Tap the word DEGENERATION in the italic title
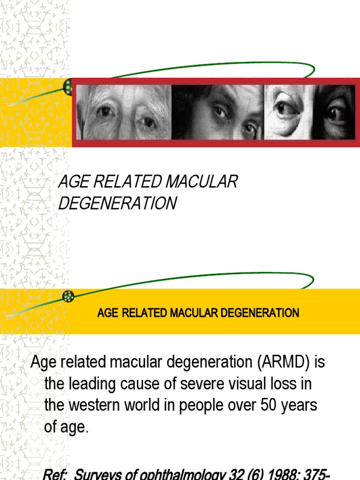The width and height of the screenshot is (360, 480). [117, 203]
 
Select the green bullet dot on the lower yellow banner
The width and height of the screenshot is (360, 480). [68, 296]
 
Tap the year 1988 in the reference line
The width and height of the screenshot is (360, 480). [280, 474]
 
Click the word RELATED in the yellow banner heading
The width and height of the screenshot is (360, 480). [142, 313]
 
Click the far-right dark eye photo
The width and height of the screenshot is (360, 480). [334, 112]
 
